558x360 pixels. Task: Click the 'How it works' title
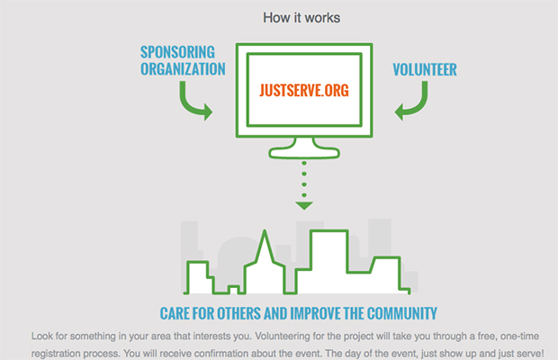pyautogui.click(x=301, y=18)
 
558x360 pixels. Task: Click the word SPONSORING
pyautogui.click(x=177, y=52)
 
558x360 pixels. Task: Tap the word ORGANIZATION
pyautogui.click(x=183, y=69)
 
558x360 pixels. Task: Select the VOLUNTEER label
pyautogui.click(x=425, y=69)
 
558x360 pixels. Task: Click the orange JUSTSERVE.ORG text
pyautogui.click(x=304, y=90)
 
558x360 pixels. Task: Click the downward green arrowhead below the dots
pyautogui.click(x=304, y=205)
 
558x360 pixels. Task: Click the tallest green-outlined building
pyautogui.click(x=328, y=262)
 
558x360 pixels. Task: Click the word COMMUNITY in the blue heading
pyautogui.click(x=401, y=314)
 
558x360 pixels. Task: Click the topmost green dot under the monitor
pyautogui.click(x=304, y=163)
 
